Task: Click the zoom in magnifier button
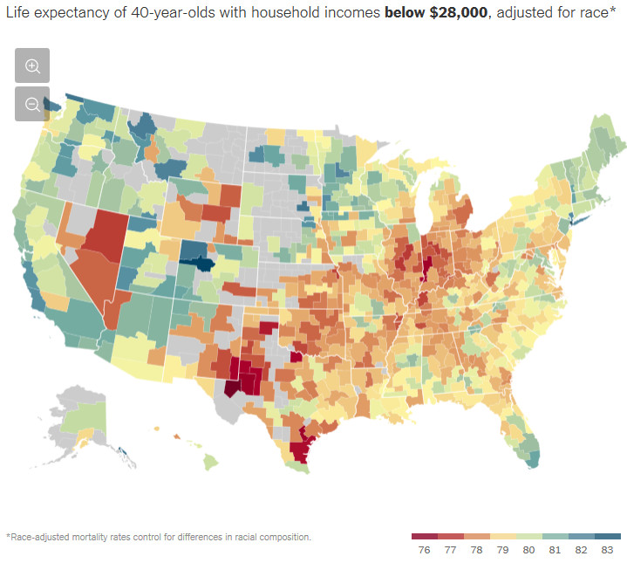coord(32,65)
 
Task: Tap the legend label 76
coord(425,550)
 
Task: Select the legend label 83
coord(608,550)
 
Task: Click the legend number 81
coord(555,550)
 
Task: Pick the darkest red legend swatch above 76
coord(425,535)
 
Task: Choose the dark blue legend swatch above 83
coord(608,535)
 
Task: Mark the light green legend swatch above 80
coord(529,535)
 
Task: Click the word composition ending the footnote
coord(281,537)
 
